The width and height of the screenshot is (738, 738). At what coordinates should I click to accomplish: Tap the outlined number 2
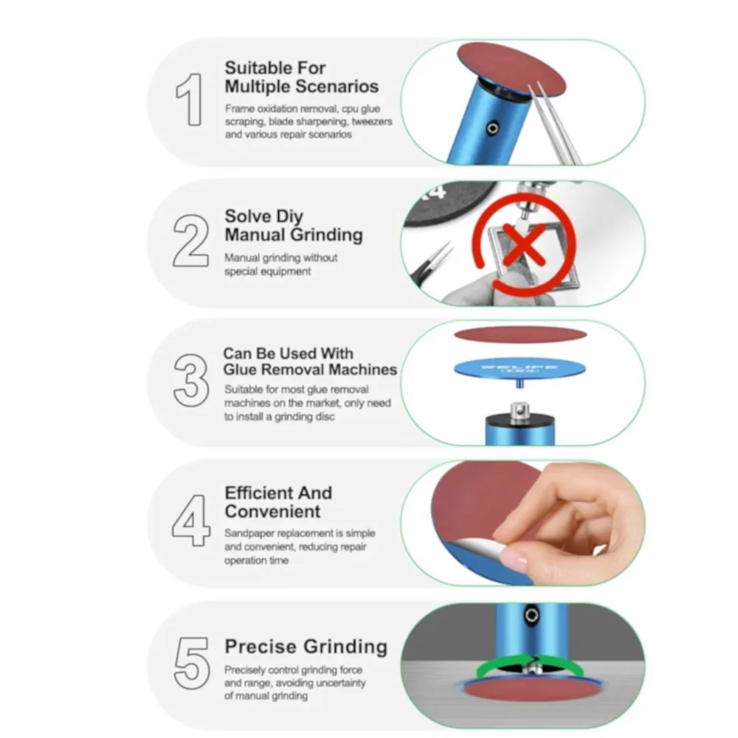(x=190, y=241)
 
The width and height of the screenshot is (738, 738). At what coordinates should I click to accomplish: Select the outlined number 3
(x=191, y=380)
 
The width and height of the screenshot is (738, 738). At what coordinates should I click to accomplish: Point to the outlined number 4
(x=190, y=520)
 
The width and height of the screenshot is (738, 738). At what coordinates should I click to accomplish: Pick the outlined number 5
(x=192, y=663)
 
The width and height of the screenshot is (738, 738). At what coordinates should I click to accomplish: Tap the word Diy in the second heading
(x=289, y=217)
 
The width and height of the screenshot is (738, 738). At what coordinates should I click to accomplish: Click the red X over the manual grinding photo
(x=524, y=244)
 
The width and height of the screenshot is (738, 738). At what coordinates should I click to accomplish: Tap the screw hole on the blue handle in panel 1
(x=493, y=128)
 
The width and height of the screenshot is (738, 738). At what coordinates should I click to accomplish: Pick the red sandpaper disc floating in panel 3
(x=520, y=334)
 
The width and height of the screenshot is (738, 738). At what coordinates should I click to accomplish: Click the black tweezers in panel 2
(x=431, y=263)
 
